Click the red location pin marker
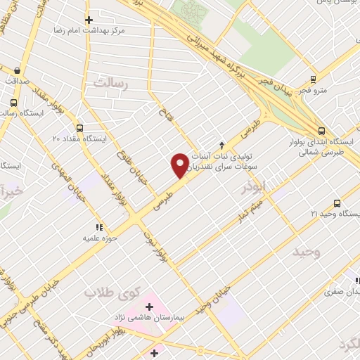point(180,164)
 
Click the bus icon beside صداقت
point(17,70)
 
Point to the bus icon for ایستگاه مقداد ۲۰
point(79,129)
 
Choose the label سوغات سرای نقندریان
point(224,164)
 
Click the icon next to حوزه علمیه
point(99,227)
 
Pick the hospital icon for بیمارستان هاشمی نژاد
point(148,307)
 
